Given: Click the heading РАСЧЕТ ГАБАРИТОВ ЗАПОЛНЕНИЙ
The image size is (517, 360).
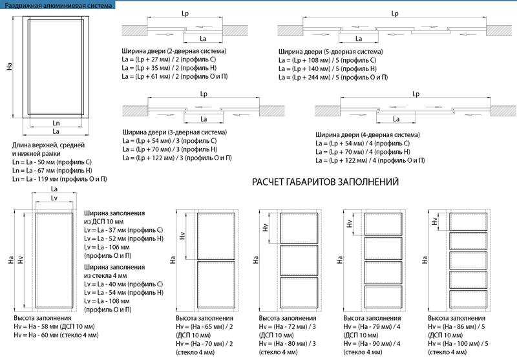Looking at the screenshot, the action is point(325,182).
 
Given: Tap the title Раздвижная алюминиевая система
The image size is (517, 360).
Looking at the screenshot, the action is point(58,5).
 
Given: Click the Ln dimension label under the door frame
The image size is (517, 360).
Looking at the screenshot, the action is point(56,123).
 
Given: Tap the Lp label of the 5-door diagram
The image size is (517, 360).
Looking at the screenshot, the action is point(395,14).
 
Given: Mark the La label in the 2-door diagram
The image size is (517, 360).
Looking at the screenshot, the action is point(203,39).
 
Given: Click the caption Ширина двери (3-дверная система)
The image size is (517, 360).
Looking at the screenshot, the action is point(174,132).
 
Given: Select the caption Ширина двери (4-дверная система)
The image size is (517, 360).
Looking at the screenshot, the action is point(368,135).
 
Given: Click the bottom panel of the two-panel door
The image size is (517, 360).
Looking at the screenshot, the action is point(216,284).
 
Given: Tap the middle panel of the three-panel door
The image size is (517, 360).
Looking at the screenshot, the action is point(299,260).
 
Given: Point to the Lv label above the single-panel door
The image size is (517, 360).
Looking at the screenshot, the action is point(54,198).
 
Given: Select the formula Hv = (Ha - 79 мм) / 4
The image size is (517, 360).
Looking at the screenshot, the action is point(372,326).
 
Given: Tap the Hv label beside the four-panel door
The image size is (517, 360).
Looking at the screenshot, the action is point(349,224).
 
